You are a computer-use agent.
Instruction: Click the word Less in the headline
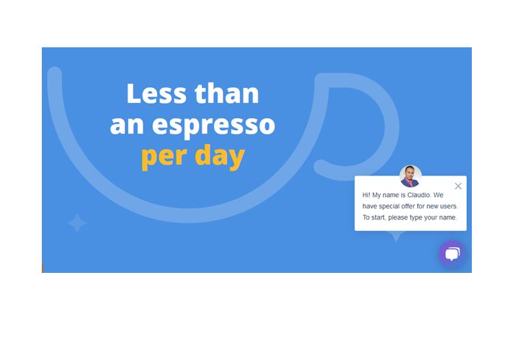pos(156,93)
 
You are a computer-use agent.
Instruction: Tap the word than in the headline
pos(227,93)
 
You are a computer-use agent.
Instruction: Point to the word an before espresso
pos(127,125)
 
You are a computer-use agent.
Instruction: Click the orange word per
pos(164,157)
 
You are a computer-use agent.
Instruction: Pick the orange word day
pos(220,156)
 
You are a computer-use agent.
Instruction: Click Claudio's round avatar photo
pos(410,176)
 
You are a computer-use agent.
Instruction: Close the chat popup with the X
pos(458,186)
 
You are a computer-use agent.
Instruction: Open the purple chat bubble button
pos(452,254)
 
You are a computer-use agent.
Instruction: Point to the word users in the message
pos(449,206)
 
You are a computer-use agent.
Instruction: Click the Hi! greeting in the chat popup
pos(366,195)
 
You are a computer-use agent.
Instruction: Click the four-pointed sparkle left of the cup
pos(77,223)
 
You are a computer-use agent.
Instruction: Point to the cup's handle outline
pos(392,128)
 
